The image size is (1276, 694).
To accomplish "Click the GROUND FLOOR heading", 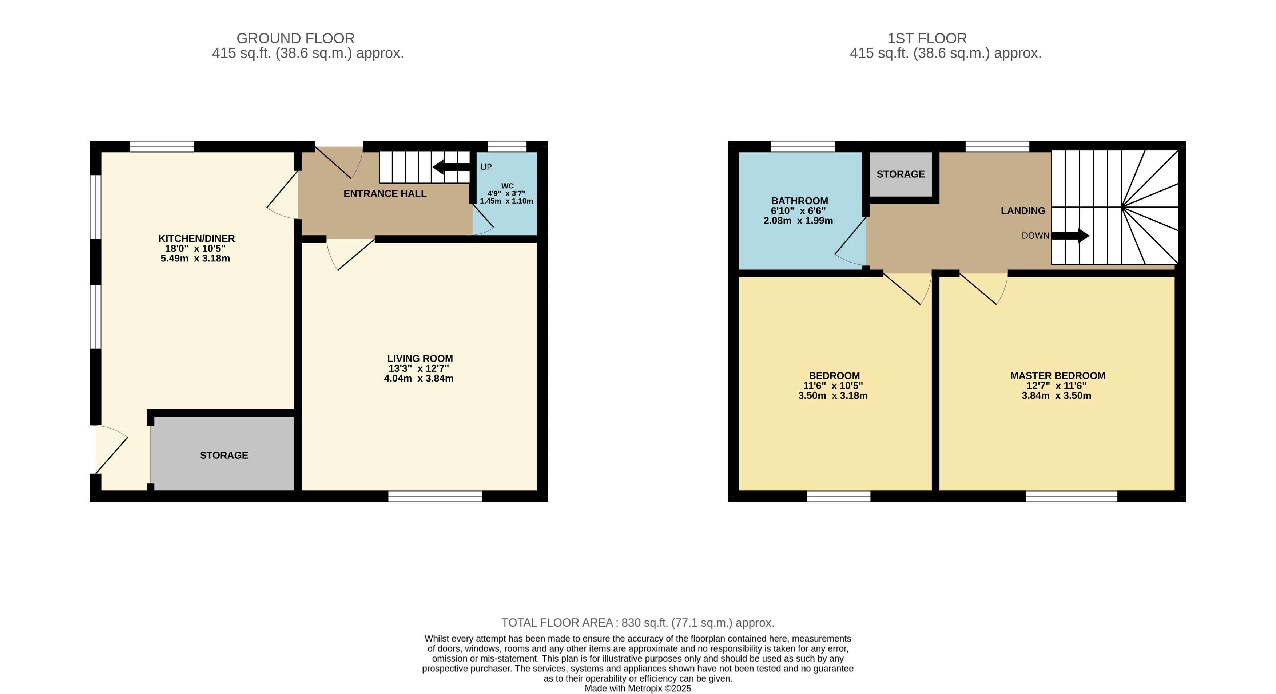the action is [296, 38].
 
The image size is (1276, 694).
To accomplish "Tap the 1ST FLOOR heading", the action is [927, 38].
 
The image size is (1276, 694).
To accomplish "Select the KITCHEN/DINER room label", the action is [196, 238].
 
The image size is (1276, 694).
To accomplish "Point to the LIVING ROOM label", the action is [420, 358].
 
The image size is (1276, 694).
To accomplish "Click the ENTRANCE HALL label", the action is [385, 194].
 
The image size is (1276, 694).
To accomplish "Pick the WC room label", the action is [507, 186].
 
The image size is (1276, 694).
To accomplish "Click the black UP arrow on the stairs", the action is [451, 167].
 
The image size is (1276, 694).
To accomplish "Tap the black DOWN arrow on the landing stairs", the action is [1070, 236].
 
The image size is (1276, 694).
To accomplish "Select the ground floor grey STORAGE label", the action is [224, 455].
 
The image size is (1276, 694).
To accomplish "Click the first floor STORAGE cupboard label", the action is [901, 174].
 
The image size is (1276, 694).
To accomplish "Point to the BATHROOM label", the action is [799, 201].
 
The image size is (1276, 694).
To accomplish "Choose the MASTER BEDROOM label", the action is [1058, 376].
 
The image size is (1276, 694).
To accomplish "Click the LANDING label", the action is [1023, 211].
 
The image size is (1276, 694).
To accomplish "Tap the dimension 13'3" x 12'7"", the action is [418, 368].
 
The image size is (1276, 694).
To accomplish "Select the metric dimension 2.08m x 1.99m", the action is [798, 221].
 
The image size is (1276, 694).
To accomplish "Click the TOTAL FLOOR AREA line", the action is [637, 623].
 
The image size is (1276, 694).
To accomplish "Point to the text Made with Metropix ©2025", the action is [637, 689].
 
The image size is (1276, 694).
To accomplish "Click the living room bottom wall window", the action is [435, 496].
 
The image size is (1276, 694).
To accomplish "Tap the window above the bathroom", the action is [803, 146].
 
